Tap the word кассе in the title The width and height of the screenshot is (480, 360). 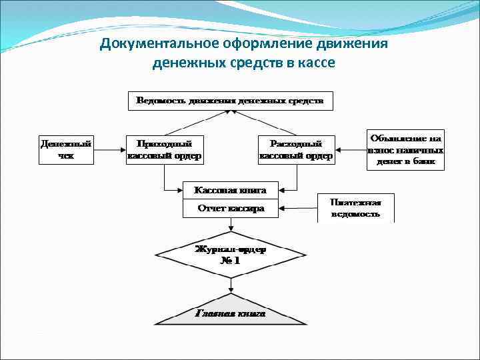click(x=313, y=63)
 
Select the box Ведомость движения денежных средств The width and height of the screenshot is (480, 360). click(x=230, y=101)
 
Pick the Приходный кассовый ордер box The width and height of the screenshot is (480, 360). click(x=164, y=150)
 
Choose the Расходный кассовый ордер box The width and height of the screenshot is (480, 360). click(x=296, y=150)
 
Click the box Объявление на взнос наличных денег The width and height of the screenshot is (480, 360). click(x=405, y=150)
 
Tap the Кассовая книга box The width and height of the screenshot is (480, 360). click(x=230, y=190)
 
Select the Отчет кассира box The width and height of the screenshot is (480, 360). click(x=230, y=209)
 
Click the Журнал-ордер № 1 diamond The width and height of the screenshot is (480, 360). click(x=230, y=255)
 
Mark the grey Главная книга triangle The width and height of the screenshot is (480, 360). click(x=230, y=311)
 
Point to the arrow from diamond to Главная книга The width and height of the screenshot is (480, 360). click(x=230, y=285)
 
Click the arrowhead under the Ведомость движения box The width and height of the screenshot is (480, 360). click(x=230, y=114)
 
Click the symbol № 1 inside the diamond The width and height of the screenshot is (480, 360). click(x=230, y=261)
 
